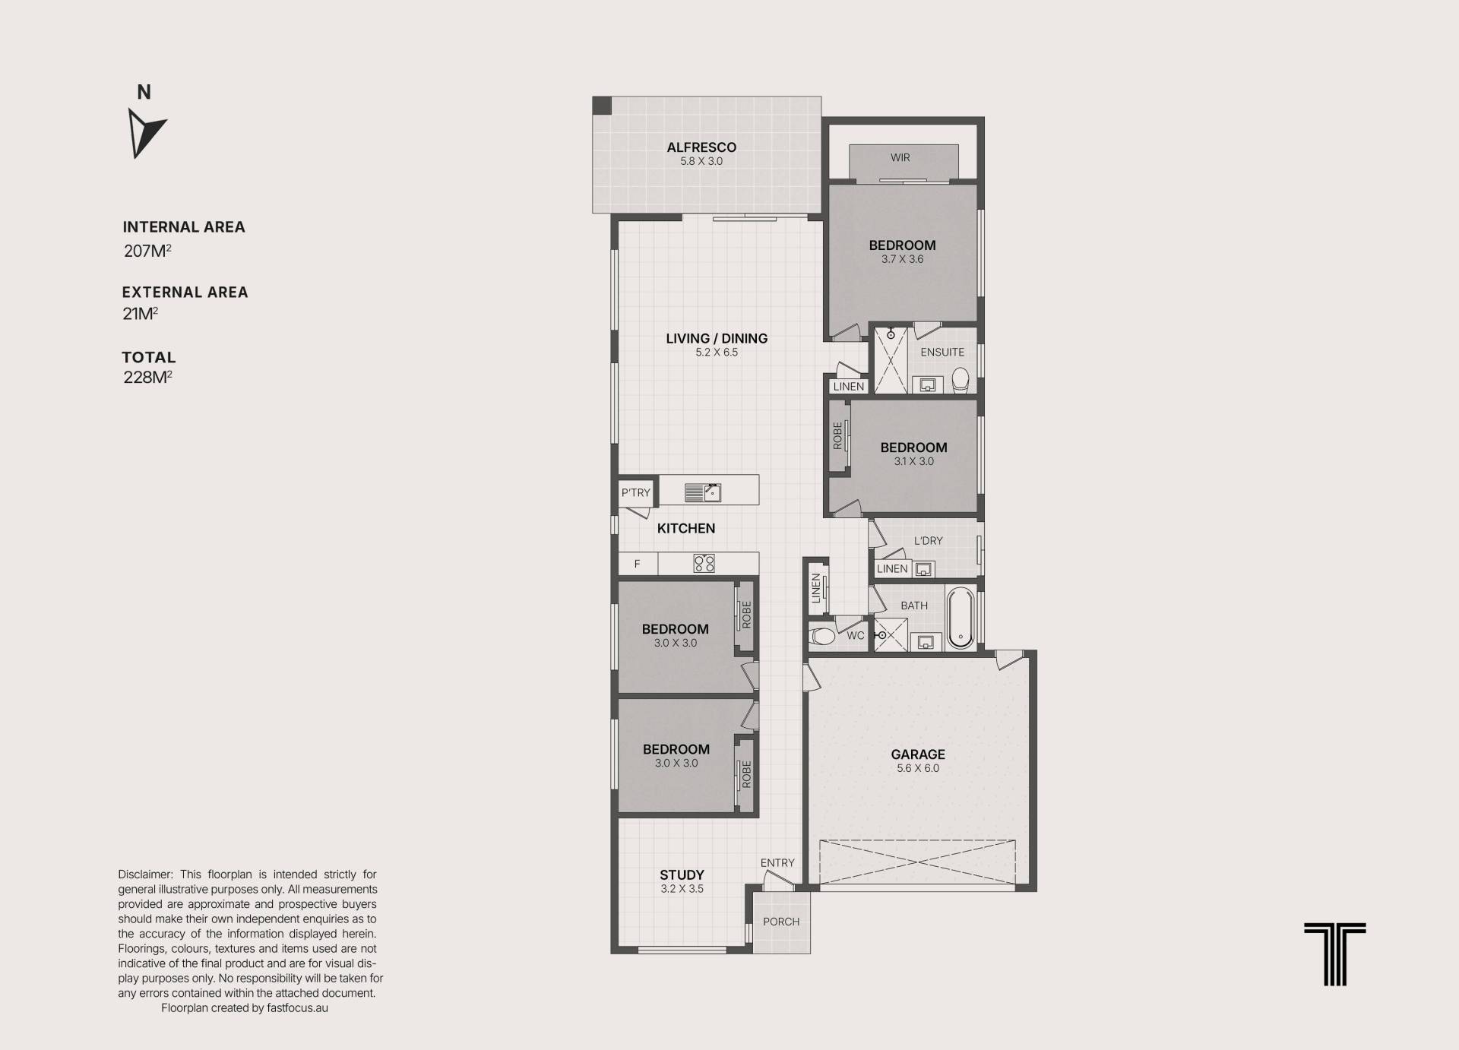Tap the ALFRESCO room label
click(701, 147)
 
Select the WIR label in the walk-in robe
click(900, 158)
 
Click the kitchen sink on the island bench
click(703, 492)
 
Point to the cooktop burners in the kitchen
click(704, 563)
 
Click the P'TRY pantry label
click(636, 492)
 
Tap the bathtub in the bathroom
click(961, 617)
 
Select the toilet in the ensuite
click(961, 378)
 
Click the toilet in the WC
click(821, 634)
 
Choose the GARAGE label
click(918, 754)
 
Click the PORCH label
click(781, 922)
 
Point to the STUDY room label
click(682, 875)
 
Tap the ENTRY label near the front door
click(777, 863)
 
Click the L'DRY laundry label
click(928, 541)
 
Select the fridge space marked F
click(638, 564)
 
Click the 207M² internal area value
click(147, 251)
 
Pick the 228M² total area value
click(147, 377)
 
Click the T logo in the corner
click(1335, 954)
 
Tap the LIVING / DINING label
click(717, 339)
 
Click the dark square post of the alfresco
click(602, 106)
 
